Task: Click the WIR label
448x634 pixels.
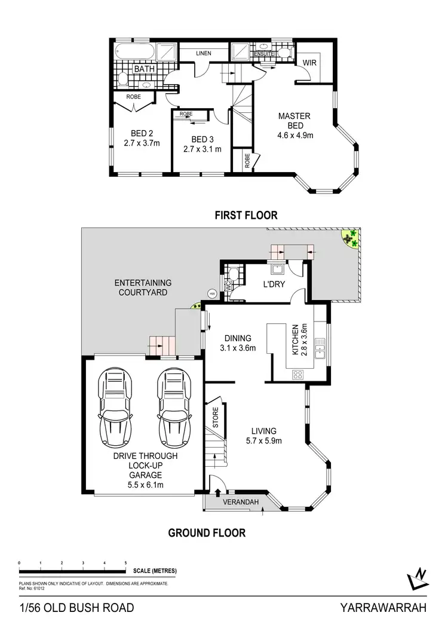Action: pos(309,62)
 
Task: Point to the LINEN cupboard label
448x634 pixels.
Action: pos(204,54)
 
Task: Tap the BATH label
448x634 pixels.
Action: pos(144,69)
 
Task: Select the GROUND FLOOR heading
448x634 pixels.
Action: pos(207,532)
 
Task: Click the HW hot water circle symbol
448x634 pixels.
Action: pos(211,293)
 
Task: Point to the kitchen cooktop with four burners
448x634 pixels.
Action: pos(297,375)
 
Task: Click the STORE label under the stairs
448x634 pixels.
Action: pos(216,418)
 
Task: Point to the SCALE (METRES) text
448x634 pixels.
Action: pos(155,571)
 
